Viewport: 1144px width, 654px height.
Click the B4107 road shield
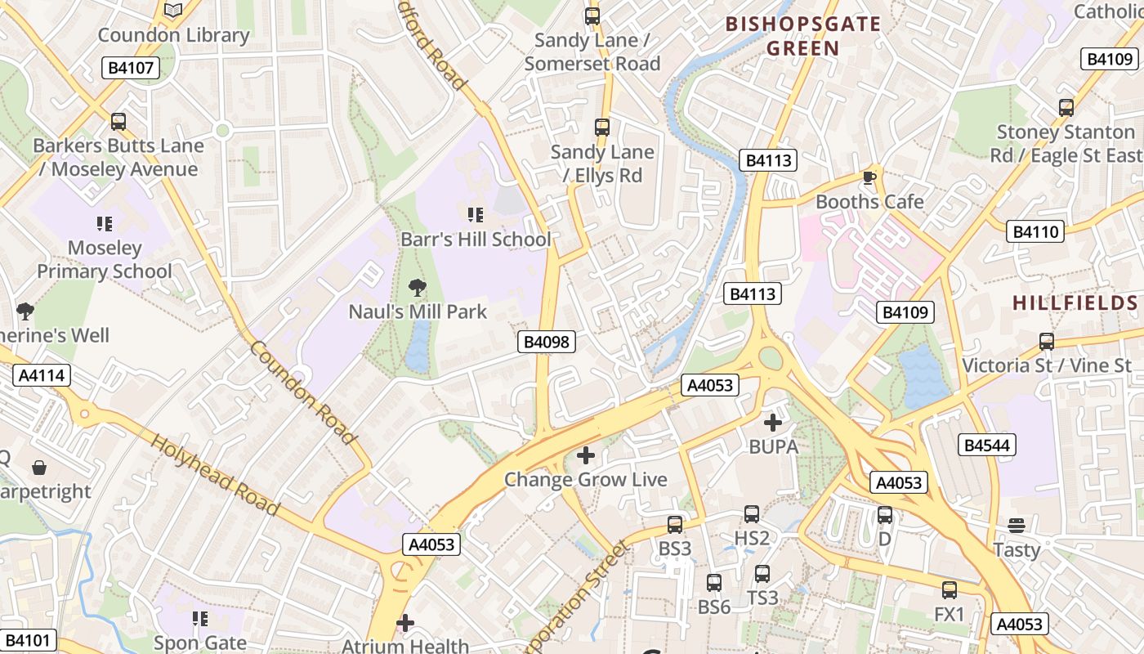[131, 68]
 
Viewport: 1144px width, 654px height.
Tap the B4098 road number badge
[546, 342]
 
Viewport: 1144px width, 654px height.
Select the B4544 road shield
[987, 445]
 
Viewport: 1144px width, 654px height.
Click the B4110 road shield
[1035, 231]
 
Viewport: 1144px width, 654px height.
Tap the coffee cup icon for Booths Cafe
[869, 177]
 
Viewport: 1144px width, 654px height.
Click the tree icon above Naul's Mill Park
[418, 287]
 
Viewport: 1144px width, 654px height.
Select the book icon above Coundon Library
[173, 11]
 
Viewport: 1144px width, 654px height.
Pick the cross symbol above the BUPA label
[772, 423]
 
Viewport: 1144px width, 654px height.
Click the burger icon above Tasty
[1017, 525]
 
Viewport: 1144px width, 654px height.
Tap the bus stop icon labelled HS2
[752, 514]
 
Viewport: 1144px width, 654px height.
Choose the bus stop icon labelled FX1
[949, 589]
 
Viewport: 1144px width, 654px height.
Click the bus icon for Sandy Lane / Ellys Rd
[602, 127]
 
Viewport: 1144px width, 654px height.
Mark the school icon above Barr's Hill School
[475, 215]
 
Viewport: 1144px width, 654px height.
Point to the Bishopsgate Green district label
[803, 36]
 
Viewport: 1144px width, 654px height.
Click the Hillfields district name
[1075, 303]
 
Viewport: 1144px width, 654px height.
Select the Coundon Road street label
[302, 392]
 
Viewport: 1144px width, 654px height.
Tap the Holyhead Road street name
[217, 475]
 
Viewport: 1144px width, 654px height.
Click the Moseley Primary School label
[105, 259]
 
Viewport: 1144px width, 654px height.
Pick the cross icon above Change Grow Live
[585, 455]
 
